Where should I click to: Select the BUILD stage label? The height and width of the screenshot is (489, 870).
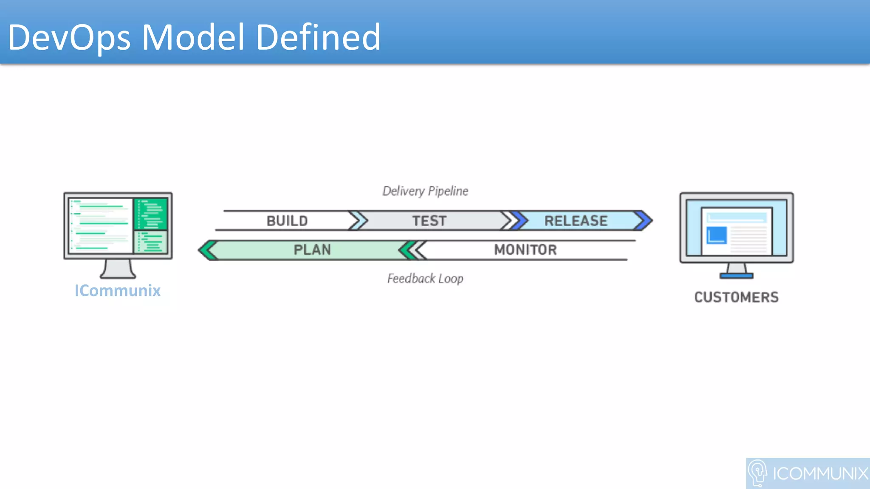(x=287, y=221)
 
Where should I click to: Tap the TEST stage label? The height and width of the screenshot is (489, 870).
(x=429, y=221)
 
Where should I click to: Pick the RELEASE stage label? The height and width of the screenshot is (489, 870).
(x=576, y=221)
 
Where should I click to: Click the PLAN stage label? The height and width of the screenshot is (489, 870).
(x=312, y=250)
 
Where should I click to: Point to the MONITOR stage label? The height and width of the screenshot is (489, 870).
(x=525, y=250)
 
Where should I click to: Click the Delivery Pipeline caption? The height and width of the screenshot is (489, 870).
(x=425, y=191)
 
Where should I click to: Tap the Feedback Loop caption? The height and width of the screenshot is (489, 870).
(x=425, y=278)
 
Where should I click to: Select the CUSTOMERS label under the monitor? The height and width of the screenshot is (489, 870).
(x=736, y=297)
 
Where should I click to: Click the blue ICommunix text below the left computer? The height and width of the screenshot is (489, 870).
(x=118, y=291)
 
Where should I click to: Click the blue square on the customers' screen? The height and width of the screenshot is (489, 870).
(x=716, y=235)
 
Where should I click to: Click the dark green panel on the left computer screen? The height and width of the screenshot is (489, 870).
(x=151, y=214)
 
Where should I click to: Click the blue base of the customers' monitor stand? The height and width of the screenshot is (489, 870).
(x=736, y=276)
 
